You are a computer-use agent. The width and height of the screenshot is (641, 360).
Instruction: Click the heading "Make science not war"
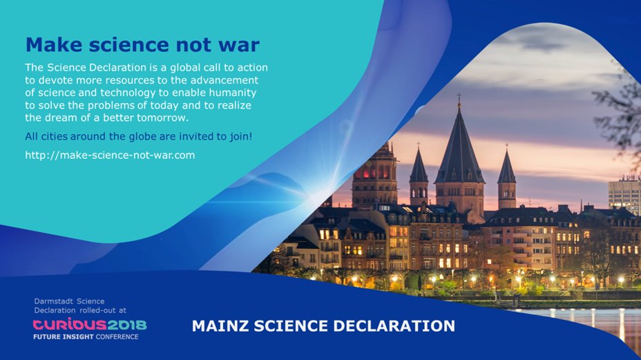142,46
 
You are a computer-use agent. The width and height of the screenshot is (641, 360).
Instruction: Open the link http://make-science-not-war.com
110,155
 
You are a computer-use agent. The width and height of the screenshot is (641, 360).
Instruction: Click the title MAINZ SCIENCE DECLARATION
323,325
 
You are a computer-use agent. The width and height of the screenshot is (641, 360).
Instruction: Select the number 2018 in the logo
127,324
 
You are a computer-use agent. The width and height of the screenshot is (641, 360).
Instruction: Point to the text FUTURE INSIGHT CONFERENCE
86,337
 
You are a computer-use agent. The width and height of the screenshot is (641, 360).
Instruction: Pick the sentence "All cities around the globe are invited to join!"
138,136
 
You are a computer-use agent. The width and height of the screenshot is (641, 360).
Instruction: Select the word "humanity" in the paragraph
235,93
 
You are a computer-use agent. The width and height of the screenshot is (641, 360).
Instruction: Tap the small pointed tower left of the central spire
419,169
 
